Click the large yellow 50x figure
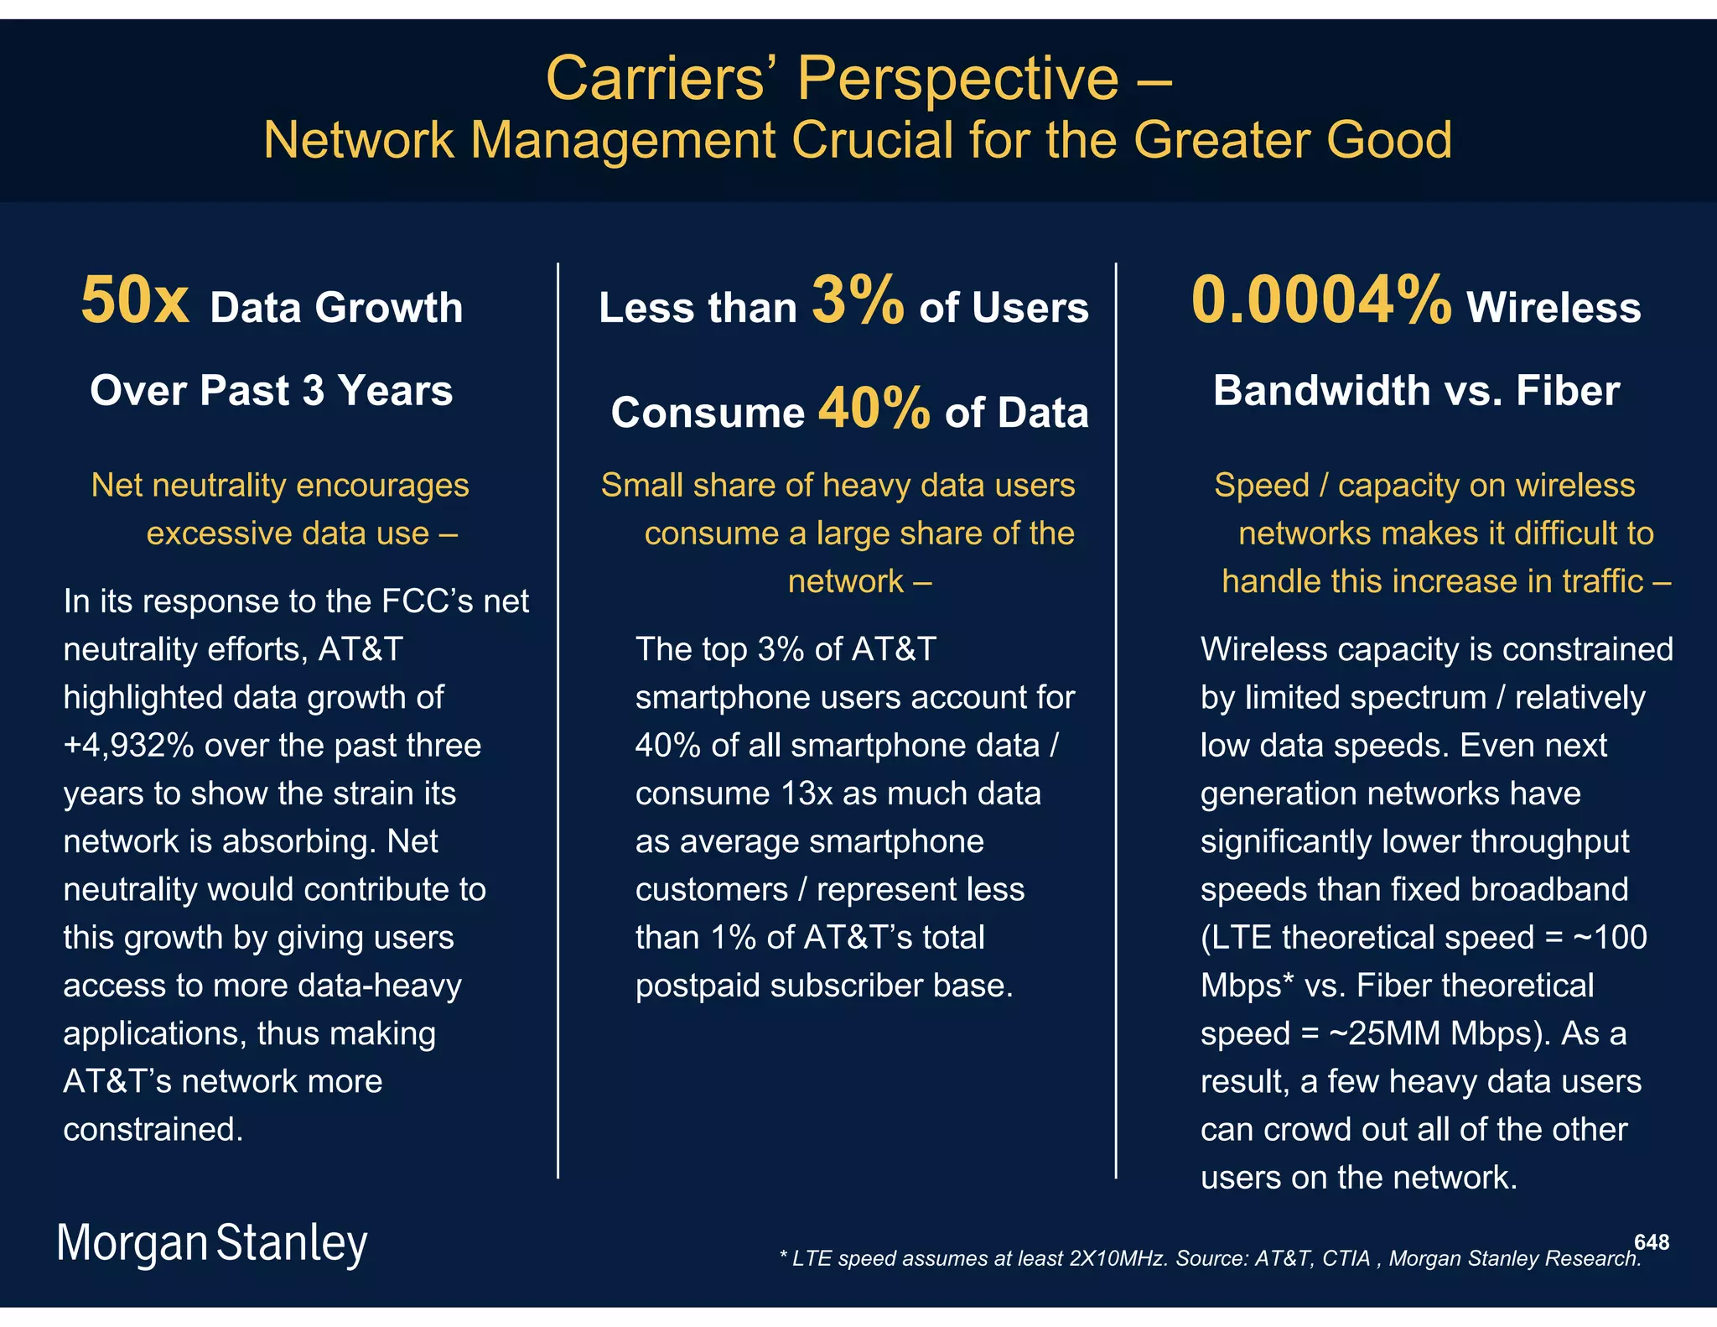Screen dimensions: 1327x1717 pos(134,301)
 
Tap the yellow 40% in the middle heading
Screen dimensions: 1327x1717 pos(874,409)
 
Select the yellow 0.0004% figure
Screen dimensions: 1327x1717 pos(1320,301)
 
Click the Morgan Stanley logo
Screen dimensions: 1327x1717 pos(211,1243)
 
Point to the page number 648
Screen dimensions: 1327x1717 pos(1651,1242)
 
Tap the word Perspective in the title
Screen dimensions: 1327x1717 pos(957,79)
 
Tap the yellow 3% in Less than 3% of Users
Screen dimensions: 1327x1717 pos(857,301)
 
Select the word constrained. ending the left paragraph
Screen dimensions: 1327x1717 pos(153,1130)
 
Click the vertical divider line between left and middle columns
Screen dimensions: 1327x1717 pos(558,721)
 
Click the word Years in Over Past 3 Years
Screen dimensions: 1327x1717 pos(395,391)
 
